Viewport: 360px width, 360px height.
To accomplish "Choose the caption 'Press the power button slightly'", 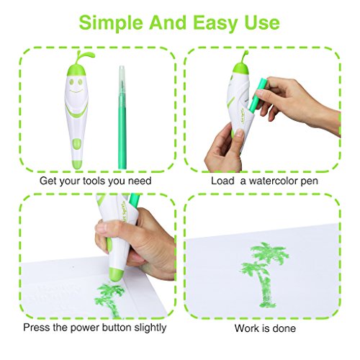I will tap(94, 328).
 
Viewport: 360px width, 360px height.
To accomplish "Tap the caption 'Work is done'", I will tap(264, 328).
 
